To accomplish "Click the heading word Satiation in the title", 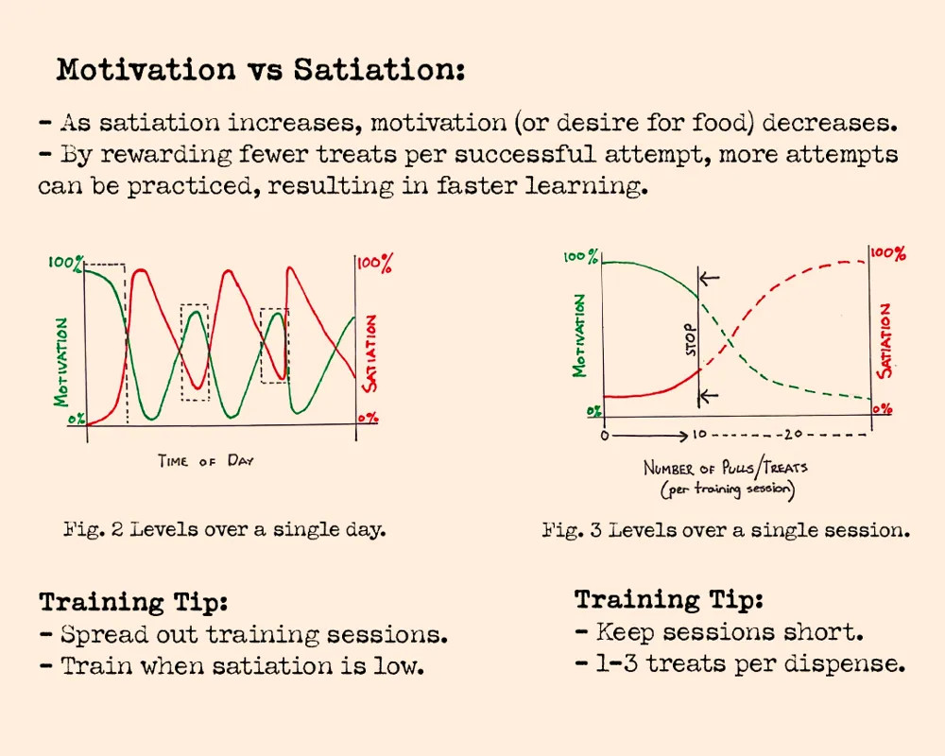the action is [x=379, y=69].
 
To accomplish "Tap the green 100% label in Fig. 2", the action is [x=66, y=264].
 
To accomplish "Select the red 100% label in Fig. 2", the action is [x=375, y=264].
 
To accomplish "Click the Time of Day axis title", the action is [x=206, y=461].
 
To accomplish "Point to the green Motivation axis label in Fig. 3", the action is [x=579, y=335].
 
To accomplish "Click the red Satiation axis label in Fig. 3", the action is [x=885, y=340].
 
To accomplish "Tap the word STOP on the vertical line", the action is [x=691, y=340].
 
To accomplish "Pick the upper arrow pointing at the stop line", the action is [x=710, y=278].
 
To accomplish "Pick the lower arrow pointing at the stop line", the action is [x=709, y=396].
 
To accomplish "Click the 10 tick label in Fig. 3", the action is [x=699, y=434].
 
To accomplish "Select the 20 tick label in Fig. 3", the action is [x=793, y=434].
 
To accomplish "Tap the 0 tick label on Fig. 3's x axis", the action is [x=605, y=436].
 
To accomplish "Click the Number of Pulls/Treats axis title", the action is [x=726, y=479].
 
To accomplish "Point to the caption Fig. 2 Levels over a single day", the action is [x=225, y=529].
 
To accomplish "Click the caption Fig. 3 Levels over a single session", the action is [x=726, y=530].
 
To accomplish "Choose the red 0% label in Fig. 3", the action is [x=883, y=409].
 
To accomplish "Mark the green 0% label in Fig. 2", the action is [x=76, y=419].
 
